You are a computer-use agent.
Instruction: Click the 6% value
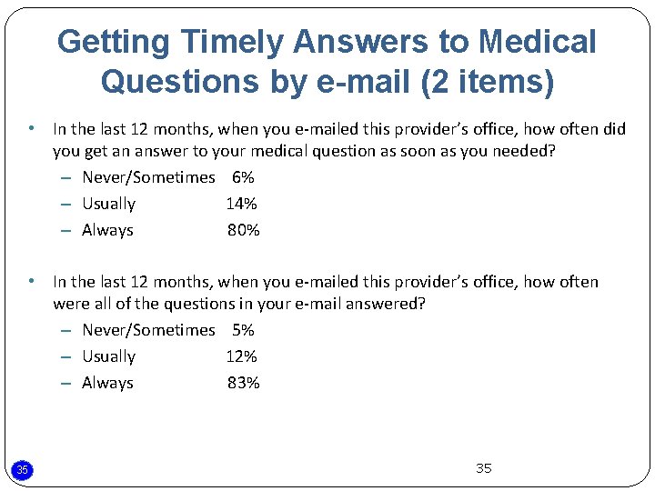[x=243, y=177]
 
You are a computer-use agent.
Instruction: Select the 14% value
[x=242, y=204]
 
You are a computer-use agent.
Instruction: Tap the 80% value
[x=244, y=230]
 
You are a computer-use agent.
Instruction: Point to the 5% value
[x=243, y=330]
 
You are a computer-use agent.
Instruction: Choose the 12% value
[x=242, y=356]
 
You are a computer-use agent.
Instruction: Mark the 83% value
[x=244, y=383]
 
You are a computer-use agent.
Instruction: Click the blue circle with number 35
[x=23, y=469]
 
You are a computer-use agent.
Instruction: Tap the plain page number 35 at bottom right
[x=483, y=468]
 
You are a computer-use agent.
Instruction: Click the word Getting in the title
[x=114, y=42]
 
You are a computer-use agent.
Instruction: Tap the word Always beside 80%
[x=107, y=230]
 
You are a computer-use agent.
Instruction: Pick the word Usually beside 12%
[x=108, y=356]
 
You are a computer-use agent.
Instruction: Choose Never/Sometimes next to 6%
[x=148, y=177]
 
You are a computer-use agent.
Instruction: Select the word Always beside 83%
[x=107, y=383]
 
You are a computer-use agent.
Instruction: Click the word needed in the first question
[x=523, y=151]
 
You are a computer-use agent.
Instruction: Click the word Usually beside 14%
[x=108, y=204]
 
